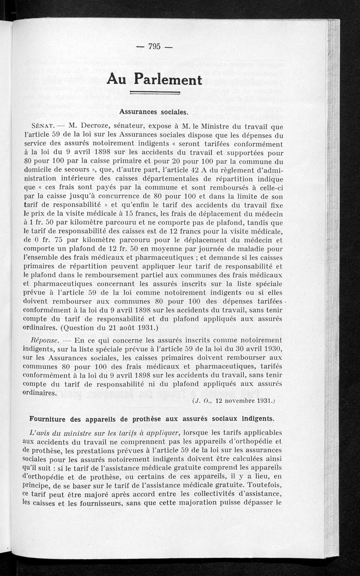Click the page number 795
click(154, 46)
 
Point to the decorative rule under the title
click(154, 93)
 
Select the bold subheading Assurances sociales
click(153, 111)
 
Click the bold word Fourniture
click(49, 419)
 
